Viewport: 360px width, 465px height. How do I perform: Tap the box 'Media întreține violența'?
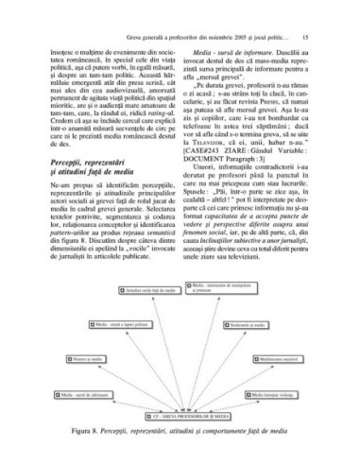tap(274, 393)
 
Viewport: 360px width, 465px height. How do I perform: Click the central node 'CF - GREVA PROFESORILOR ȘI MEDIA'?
tap(180, 414)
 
